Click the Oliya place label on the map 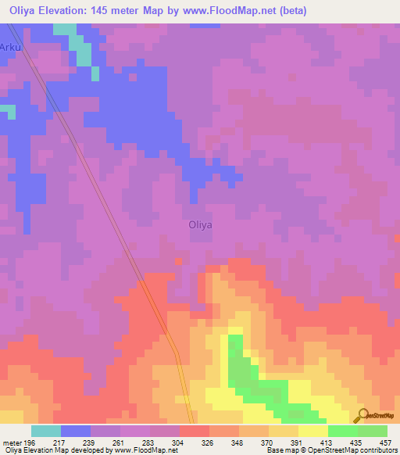[201, 224]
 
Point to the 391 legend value [297, 442]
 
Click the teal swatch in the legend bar [46, 431]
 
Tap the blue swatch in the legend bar [76, 431]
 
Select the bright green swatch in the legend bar [342, 431]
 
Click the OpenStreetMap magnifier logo [362, 415]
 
